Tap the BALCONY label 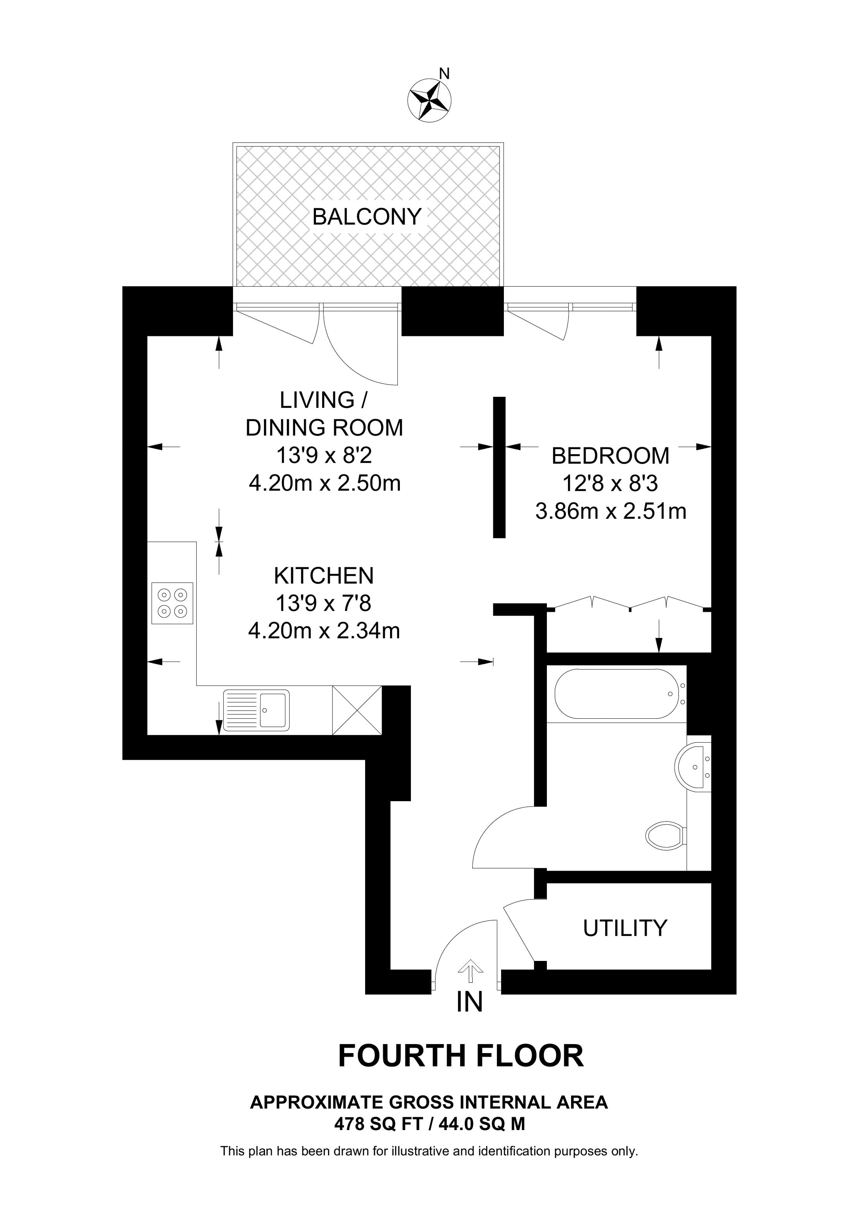coord(367,217)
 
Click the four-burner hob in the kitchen coord(172,603)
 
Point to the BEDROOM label coord(611,456)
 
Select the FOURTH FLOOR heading coord(460,1056)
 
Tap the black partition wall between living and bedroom coord(499,468)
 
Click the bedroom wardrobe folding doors coord(629,604)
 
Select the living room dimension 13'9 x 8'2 coord(324,455)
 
